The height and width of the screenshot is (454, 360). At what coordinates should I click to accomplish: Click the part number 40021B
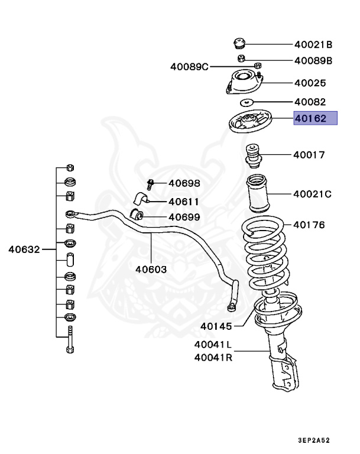(x=314, y=44)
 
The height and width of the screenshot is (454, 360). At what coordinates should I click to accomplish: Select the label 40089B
(x=314, y=60)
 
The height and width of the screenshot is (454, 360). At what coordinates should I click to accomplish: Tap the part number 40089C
(x=190, y=67)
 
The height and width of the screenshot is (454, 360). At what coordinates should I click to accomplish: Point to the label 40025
(x=310, y=83)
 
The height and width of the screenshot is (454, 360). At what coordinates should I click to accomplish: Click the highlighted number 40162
(x=316, y=119)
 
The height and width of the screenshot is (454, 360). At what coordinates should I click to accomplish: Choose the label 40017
(x=309, y=155)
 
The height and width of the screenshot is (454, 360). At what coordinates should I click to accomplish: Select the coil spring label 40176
(x=309, y=225)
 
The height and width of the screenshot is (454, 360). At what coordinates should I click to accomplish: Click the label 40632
(x=24, y=249)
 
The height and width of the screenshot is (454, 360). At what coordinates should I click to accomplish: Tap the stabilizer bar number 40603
(x=151, y=269)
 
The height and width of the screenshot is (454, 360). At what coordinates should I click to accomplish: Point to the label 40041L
(x=213, y=344)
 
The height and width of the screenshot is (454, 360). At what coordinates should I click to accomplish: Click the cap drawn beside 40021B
(x=239, y=44)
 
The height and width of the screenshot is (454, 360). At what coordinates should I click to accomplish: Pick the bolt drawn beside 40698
(x=150, y=184)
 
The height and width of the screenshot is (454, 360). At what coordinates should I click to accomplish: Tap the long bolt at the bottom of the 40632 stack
(x=70, y=339)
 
